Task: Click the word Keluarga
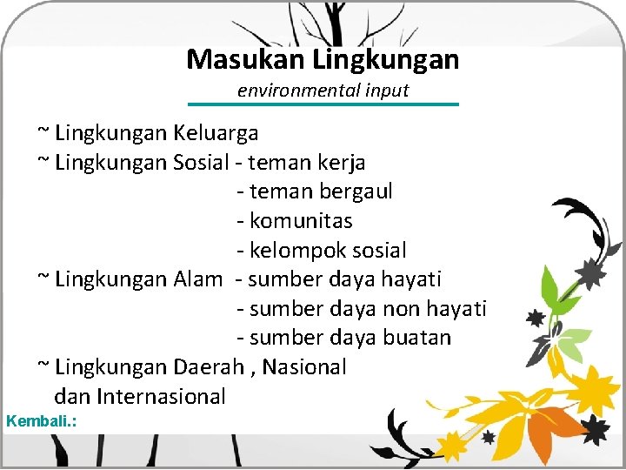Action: click(x=216, y=133)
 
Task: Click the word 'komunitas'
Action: click(x=301, y=221)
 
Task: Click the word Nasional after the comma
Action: click(x=304, y=367)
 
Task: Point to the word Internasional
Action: click(x=162, y=397)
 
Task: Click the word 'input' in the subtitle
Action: click(x=388, y=91)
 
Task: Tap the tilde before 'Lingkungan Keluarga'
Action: click(x=43, y=132)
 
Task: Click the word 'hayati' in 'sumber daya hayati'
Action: click(x=411, y=279)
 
